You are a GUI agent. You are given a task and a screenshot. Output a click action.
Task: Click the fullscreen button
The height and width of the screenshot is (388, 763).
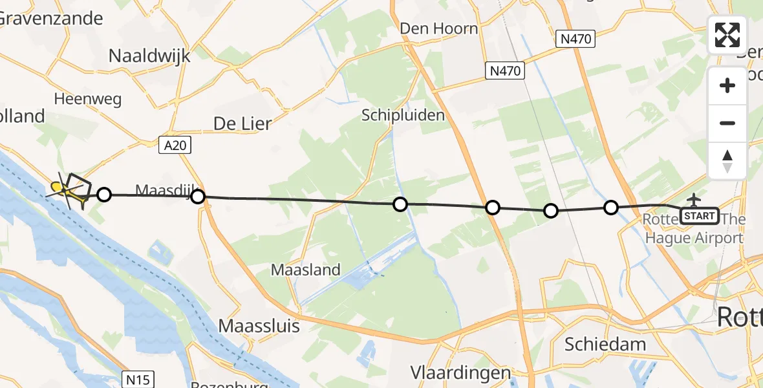[727, 35]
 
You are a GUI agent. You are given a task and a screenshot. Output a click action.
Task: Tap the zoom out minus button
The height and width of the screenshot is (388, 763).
[727, 123]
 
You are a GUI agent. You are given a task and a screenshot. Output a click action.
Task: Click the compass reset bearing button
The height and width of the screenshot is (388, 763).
[727, 161]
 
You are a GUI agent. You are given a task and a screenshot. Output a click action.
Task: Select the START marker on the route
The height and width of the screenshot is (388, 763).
[699, 215]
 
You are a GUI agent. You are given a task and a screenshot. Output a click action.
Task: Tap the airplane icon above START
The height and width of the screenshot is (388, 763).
[694, 199]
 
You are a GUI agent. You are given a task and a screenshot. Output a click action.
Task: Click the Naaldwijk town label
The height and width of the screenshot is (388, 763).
[149, 56]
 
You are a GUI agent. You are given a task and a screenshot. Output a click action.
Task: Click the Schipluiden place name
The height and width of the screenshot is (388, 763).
[403, 116]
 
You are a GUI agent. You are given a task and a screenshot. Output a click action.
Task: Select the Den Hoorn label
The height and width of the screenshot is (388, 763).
[439, 28]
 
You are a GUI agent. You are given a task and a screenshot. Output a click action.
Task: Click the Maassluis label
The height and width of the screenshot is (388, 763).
[259, 326]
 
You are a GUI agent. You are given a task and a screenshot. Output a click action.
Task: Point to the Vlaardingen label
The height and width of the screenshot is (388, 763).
[461, 372]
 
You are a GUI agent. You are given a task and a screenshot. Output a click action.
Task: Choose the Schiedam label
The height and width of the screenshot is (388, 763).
[605, 343]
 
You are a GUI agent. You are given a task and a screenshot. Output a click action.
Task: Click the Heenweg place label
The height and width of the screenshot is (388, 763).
[88, 100]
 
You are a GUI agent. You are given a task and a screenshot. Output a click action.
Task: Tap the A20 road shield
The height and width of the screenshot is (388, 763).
[175, 146]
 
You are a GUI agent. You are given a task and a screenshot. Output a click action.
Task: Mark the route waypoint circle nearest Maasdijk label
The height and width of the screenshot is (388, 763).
[198, 197]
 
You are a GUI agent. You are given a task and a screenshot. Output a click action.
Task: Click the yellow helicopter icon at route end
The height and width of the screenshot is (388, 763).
[58, 188]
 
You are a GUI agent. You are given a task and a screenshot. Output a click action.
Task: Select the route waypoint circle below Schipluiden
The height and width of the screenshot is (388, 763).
[400, 204]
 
